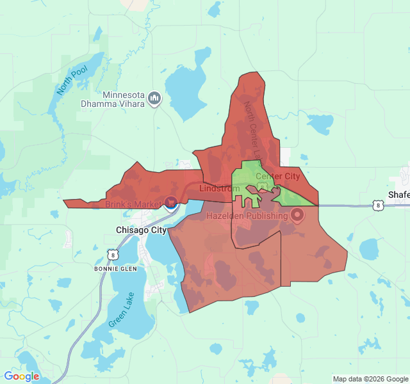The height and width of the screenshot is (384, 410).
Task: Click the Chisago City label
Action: coord(141,230)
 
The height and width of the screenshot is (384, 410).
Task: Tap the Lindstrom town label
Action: coord(219,189)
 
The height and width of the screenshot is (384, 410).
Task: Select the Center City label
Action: coord(277,176)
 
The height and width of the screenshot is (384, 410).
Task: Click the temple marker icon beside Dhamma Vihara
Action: coord(154,99)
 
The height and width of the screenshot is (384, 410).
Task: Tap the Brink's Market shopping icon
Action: coord(171,204)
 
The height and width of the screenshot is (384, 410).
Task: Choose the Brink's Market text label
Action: coord(133,204)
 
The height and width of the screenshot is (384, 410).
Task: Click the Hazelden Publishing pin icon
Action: coord(297,216)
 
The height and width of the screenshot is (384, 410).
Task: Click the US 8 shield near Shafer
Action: coord(379,205)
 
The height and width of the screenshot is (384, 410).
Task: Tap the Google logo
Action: coord(21,376)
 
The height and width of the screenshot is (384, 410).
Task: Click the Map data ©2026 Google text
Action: coord(369,379)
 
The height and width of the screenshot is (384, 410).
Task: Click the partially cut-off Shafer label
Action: coord(398,195)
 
